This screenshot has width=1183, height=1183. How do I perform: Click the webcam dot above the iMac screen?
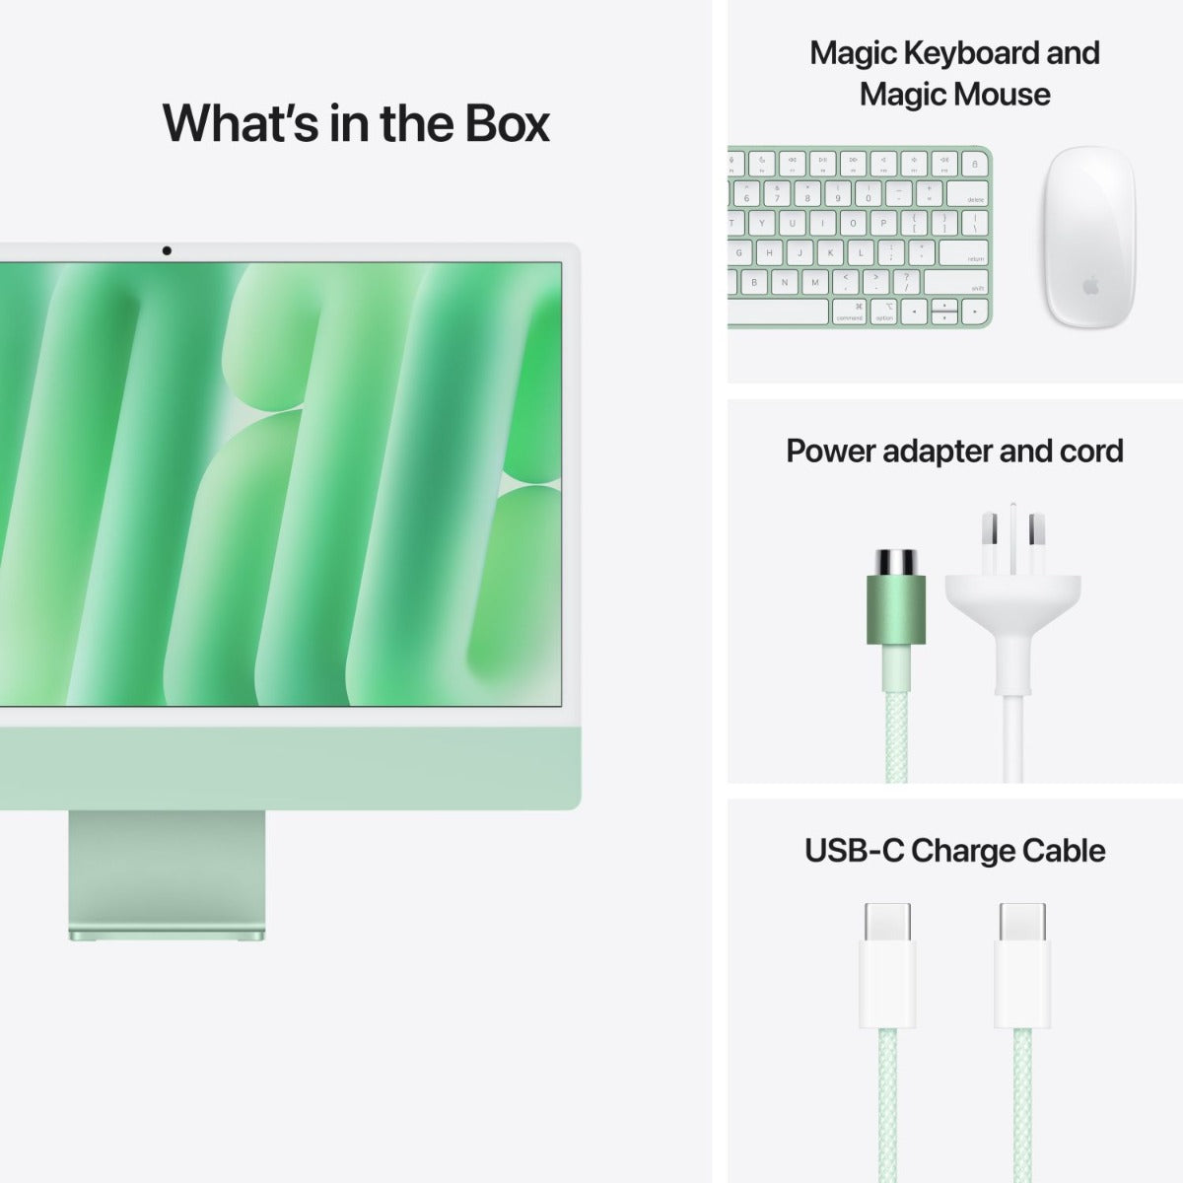[x=167, y=251]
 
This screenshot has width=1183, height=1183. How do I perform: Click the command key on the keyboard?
[x=849, y=313]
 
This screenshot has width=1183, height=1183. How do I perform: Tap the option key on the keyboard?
[x=884, y=313]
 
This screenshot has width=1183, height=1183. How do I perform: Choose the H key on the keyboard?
[x=769, y=253]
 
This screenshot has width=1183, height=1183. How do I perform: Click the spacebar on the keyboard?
[x=779, y=313]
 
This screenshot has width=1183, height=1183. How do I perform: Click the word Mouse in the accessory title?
[x=1003, y=96]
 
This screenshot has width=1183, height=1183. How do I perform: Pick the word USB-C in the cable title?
[x=855, y=850]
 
